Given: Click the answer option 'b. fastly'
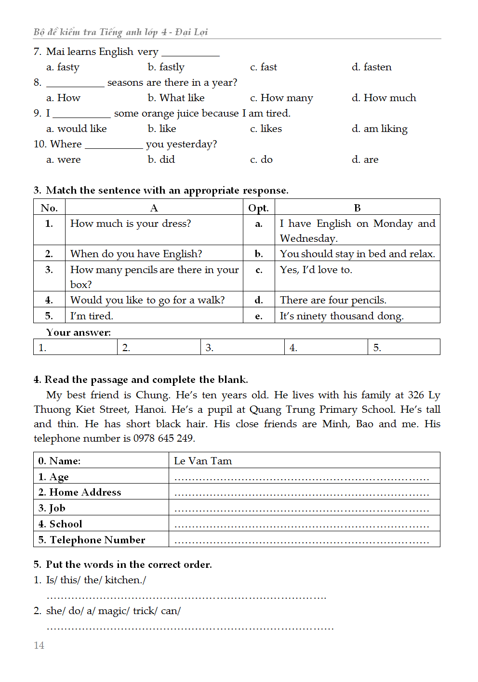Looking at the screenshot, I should [166, 67].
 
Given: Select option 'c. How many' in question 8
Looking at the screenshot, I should [281, 98].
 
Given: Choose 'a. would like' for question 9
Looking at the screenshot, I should [76, 129].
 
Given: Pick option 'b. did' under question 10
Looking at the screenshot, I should [161, 159].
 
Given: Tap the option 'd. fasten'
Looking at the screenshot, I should [371, 67].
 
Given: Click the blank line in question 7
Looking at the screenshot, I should [190, 53].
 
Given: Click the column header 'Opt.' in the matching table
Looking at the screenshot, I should [258, 208].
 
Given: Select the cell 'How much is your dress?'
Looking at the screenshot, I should [131, 223].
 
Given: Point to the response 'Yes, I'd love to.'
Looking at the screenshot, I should [316, 270].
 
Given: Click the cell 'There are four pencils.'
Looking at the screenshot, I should [333, 300].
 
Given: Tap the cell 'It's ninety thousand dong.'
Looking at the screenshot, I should [342, 316].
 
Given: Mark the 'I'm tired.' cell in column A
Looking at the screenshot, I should [92, 316].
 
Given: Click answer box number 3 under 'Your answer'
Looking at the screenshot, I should [242, 347].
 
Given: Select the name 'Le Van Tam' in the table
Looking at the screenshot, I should [203, 461].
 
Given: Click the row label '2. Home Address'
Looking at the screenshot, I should [80, 492].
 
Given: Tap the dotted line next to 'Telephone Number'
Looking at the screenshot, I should [302, 541].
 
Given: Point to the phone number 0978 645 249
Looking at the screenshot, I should [163, 438].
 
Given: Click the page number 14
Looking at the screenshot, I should [39, 645].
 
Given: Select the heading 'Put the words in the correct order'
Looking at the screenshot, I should [129, 564].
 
